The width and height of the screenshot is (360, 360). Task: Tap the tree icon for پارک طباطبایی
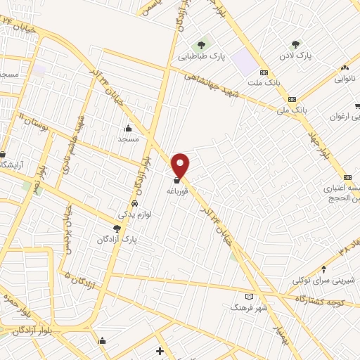[205, 44]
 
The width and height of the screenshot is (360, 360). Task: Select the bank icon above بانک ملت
[264, 72]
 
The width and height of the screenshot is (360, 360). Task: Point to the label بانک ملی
[292, 110]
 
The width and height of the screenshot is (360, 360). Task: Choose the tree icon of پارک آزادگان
[117, 229]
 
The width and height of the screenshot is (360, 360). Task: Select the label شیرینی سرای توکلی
[324, 280]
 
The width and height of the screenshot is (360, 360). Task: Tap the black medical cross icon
[160, 351]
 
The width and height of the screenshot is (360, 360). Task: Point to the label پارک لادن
[295, 55]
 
